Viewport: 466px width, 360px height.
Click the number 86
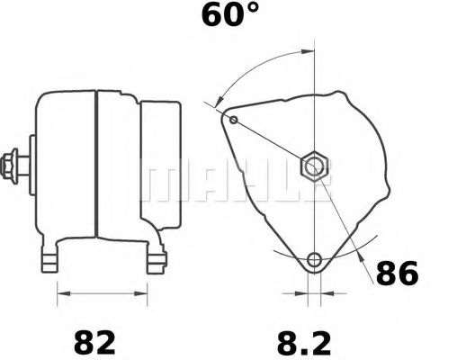pyautogui.click(x=396, y=274)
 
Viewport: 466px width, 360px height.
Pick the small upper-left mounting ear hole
pyautogui.click(x=234, y=120)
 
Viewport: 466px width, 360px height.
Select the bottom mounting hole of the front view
pyautogui.click(x=313, y=261)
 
